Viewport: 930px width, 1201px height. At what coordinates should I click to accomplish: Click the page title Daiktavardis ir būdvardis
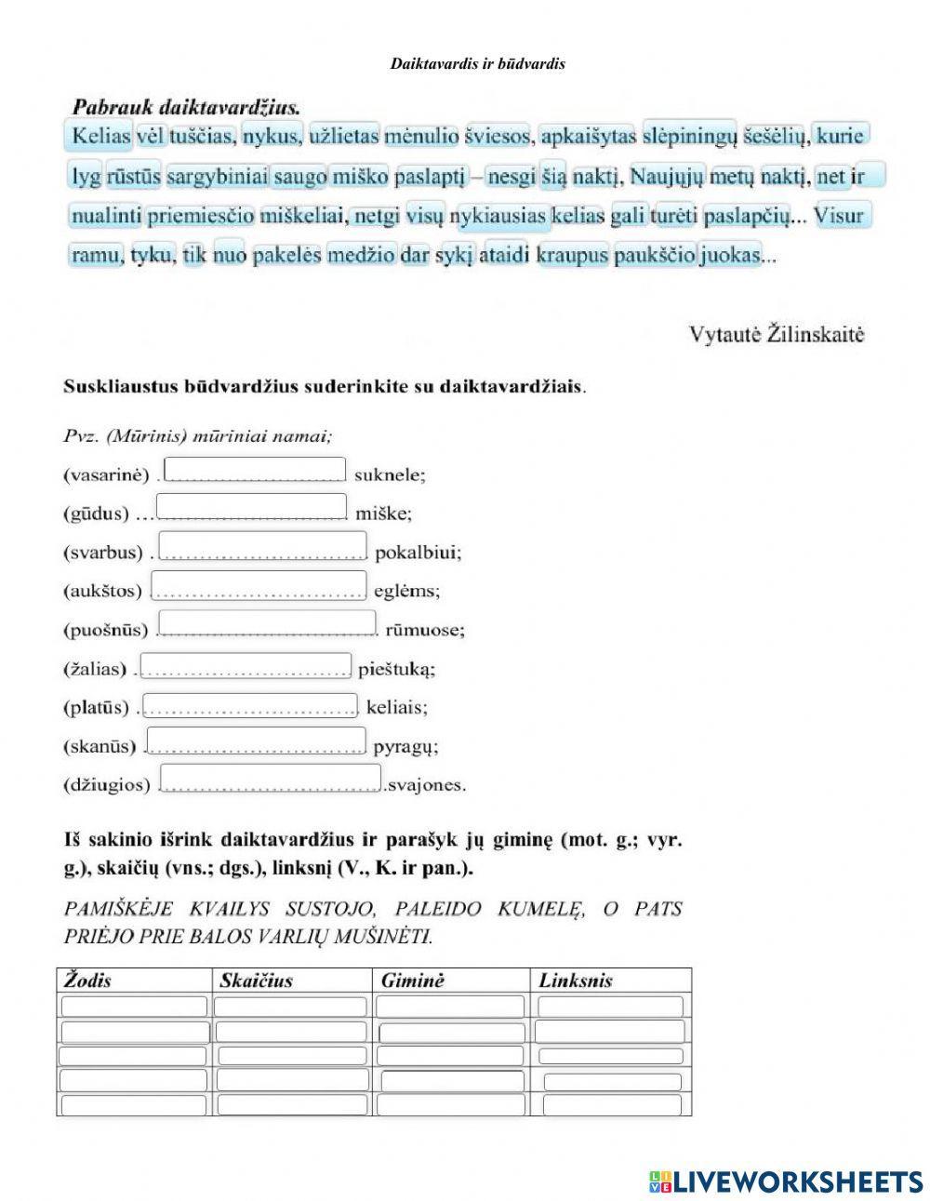pos(478,64)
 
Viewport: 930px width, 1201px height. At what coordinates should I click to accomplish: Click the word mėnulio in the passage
pos(421,137)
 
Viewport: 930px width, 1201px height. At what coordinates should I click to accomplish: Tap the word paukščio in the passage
pos(654,254)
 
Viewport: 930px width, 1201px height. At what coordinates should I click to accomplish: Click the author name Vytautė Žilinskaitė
pos(777,335)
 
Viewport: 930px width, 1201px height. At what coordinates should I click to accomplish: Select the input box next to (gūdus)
pos(251,507)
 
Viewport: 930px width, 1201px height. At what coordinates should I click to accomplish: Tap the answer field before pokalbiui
pos(263,545)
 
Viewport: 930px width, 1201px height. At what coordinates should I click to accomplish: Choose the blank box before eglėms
pos(259,585)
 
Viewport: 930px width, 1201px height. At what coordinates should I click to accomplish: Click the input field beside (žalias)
pos(246,666)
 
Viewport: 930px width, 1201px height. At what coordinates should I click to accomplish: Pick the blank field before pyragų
pos(256,741)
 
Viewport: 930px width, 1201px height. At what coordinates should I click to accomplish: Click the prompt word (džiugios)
pos(106,785)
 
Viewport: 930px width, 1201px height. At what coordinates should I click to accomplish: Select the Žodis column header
pos(87,981)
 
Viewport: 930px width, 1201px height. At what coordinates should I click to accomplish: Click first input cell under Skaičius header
pos(290,1007)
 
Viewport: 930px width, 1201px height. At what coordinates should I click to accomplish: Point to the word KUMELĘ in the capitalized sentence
pos(539,909)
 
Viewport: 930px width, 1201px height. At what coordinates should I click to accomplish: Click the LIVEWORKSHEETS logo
pos(786,1181)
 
